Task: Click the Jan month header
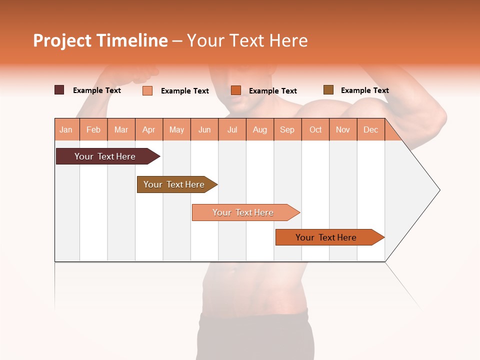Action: [x=66, y=129]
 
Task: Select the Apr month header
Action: [x=148, y=129]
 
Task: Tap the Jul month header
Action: [x=232, y=129]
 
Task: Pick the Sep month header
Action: [x=287, y=129]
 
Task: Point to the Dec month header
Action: [x=370, y=129]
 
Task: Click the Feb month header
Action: [x=93, y=129]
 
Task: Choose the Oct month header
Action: [x=315, y=129]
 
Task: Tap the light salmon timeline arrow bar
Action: [x=243, y=212]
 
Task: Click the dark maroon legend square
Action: [x=59, y=90]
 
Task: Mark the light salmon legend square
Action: [x=147, y=90]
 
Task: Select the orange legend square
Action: [x=236, y=90]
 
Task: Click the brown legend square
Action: [x=328, y=90]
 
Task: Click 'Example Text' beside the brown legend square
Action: [x=364, y=90]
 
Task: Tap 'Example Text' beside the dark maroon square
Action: [x=96, y=90]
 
